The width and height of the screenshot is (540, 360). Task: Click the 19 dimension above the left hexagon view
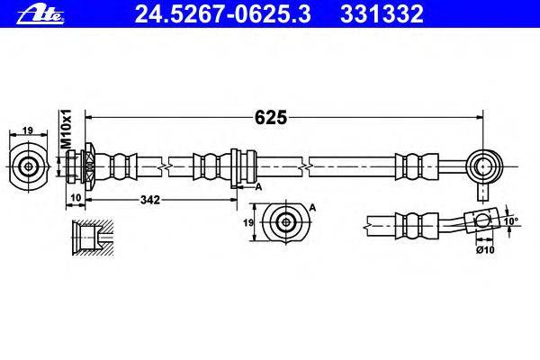click(28, 131)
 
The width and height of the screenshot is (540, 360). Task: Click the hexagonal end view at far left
click(29, 166)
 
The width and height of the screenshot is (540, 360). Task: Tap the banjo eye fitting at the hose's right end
click(485, 166)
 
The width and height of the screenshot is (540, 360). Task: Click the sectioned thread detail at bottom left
click(90, 237)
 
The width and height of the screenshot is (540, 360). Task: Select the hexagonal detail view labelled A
click(287, 222)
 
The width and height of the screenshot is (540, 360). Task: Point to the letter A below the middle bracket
click(258, 186)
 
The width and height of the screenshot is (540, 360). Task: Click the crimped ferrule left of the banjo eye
click(412, 166)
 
